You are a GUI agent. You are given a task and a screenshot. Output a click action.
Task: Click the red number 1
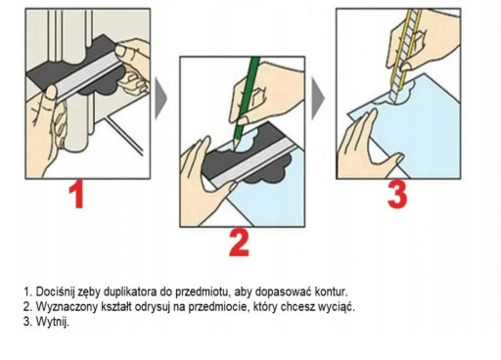pyautogui.click(x=77, y=194)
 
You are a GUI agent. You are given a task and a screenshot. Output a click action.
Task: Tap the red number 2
pyautogui.click(x=239, y=243)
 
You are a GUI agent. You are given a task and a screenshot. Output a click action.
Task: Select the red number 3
pyautogui.click(x=397, y=194)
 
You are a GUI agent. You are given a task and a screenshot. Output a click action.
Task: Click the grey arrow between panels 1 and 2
pyautogui.click(x=160, y=98)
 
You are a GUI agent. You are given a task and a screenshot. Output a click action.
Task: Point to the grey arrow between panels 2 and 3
pyautogui.click(x=318, y=98)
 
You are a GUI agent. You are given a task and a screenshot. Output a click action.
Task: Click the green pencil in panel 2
pyautogui.click(x=248, y=98)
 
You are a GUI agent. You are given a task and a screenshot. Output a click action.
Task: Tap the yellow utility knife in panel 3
pyautogui.click(x=406, y=55)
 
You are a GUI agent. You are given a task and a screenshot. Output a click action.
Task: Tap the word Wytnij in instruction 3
pyautogui.click(x=52, y=322)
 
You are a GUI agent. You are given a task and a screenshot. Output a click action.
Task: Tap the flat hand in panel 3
pyautogui.click(x=365, y=147)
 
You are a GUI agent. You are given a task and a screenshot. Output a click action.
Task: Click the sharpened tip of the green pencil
pyautogui.click(x=233, y=150)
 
